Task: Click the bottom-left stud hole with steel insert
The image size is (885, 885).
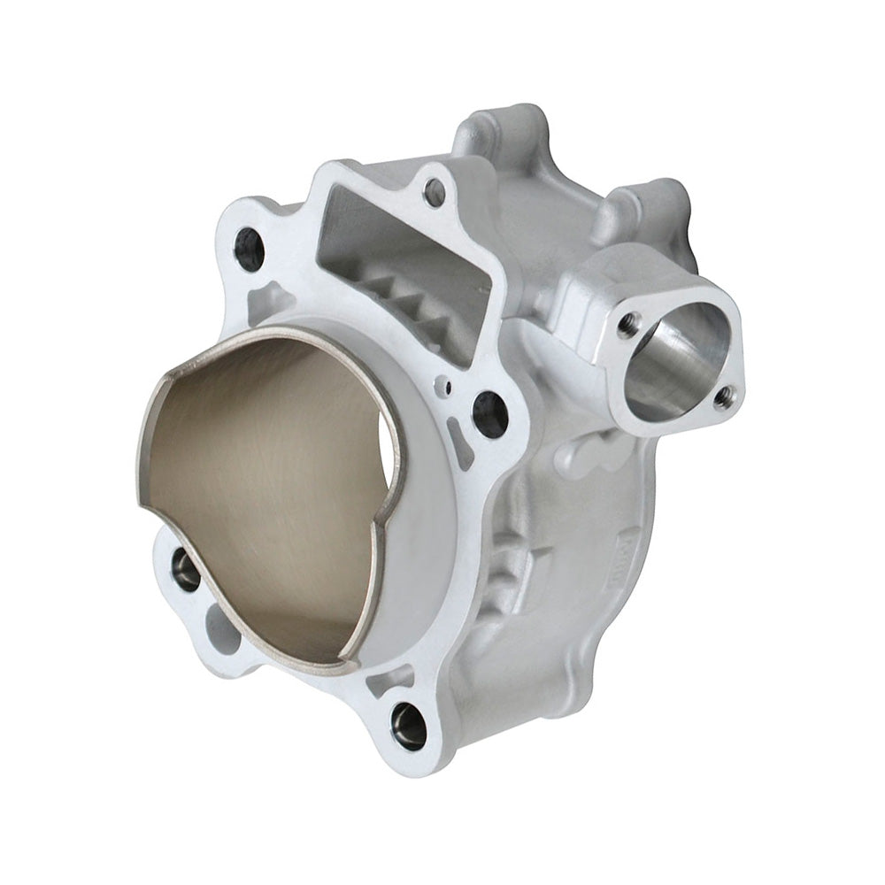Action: pos(186,570)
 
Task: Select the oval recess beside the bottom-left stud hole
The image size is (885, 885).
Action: pos(222,629)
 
